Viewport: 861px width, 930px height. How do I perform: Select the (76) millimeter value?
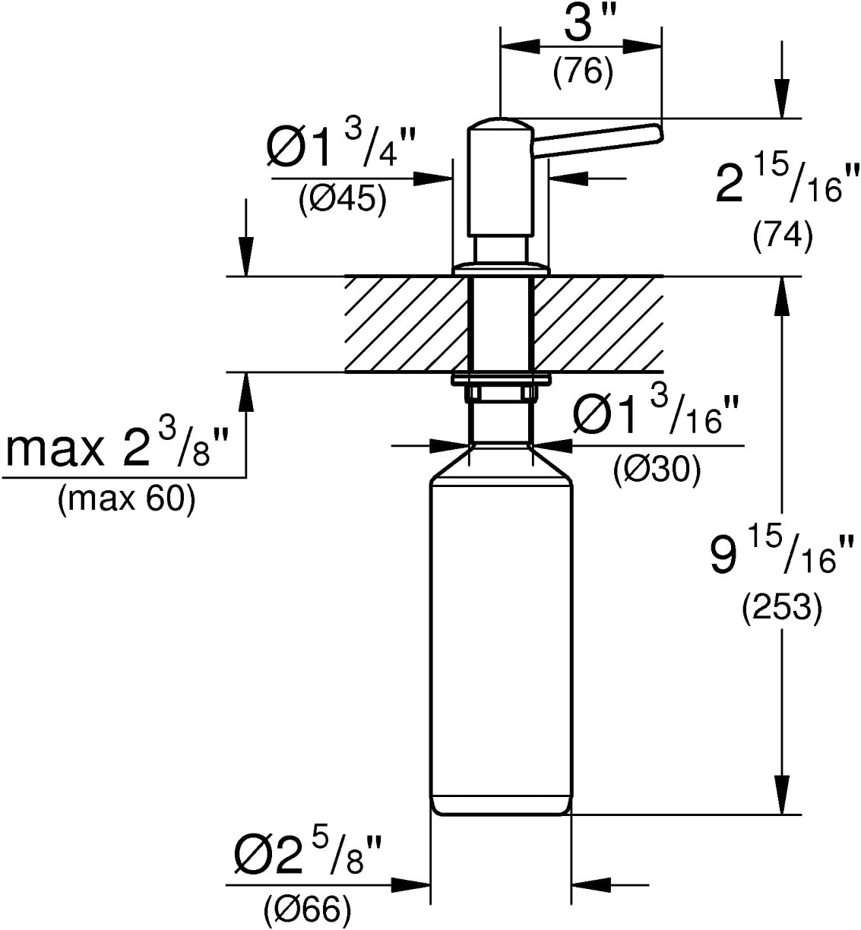583,72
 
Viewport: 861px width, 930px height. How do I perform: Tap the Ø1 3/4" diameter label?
341,146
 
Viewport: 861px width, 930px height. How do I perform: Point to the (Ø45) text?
343,200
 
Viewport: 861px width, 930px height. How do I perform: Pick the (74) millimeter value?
783,237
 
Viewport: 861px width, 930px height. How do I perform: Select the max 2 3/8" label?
117,445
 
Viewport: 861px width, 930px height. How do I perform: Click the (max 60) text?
126,500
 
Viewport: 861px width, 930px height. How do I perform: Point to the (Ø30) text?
657,470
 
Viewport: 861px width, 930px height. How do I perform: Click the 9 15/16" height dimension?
781,555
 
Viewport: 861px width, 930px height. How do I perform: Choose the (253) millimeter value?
782,609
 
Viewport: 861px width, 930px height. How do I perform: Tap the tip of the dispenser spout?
659,133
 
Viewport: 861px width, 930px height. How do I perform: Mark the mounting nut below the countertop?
500,393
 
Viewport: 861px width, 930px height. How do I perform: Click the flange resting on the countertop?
500,270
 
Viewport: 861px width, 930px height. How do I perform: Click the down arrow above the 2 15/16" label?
781,80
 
